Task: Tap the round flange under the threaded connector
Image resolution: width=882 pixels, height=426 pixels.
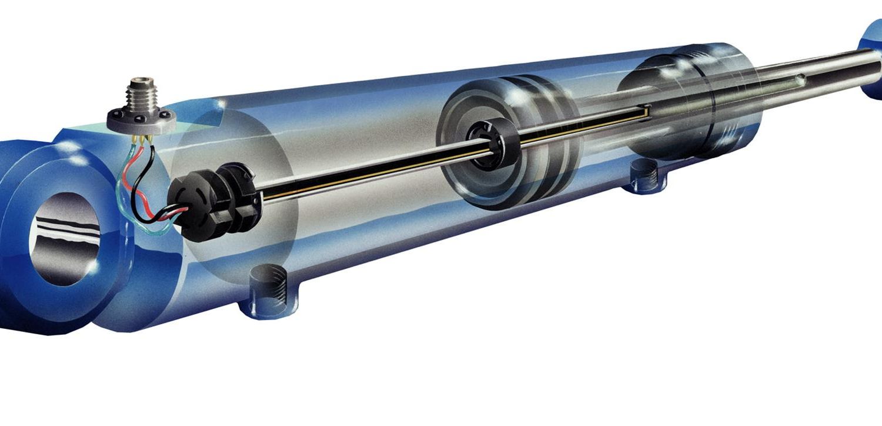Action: coord(141,119)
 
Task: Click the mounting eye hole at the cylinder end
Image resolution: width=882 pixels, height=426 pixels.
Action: coord(65,238)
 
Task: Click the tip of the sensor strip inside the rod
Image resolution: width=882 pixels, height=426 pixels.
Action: coord(647,109)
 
